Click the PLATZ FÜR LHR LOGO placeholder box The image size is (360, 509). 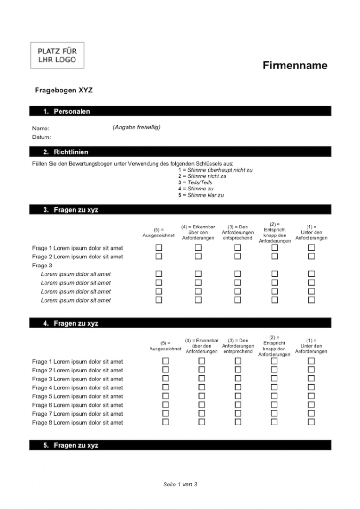click(57, 55)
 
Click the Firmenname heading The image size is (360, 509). click(295, 66)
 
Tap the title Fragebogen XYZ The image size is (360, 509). click(64, 91)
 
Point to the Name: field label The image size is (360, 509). click(41, 128)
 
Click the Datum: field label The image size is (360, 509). click(42, 137)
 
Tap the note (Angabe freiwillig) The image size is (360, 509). click(136, 127)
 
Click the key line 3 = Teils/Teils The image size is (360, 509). click(195, 182)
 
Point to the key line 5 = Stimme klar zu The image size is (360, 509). click(201, 195)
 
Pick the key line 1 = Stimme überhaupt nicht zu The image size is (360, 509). click(215, 170)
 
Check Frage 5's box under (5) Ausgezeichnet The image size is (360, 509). click(165, 396)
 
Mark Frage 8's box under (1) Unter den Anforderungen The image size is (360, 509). click(311, 422)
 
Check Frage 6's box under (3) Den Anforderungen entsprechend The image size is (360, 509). click(238, 405)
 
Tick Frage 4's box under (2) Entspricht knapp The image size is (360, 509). click(274, 387)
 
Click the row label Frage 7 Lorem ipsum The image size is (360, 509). click(78, 414)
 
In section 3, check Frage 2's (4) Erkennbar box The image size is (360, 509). click(198, 257)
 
